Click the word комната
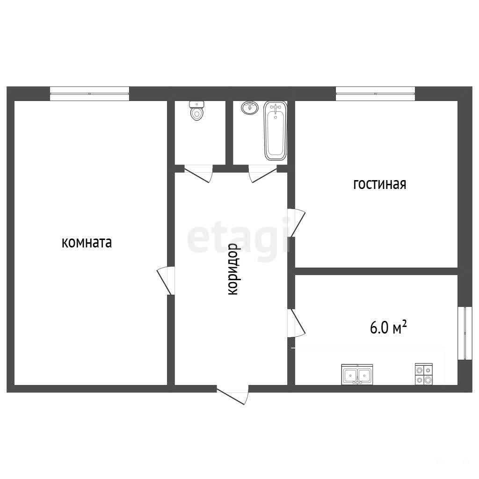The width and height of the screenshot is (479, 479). (x=87, y=243)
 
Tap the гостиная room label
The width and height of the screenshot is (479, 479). (x=380, y=184)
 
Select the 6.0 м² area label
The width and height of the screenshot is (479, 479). (x=388, y=327)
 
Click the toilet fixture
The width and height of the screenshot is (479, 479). (x=197, y=110)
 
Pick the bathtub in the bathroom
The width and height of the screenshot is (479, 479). (x=275, y=131)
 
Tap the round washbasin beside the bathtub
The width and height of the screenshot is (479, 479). (x=250, y=108)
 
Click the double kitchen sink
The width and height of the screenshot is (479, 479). (x=357, y=374)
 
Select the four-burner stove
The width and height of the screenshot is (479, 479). (x=424, y=374)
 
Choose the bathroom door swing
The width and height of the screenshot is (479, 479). (x=263, y=174)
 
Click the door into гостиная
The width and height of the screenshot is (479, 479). (x=296, y=223)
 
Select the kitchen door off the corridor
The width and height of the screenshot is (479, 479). (x=296, y=323)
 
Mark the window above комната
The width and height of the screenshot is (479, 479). (x=89, y=94)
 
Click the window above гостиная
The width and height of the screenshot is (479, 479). (x=376, y=94)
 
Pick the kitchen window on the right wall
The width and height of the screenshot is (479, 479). (x=464, y=333)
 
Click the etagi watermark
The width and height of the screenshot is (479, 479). (x=238, y=239)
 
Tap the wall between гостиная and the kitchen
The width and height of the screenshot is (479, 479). (x=376, y=271)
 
